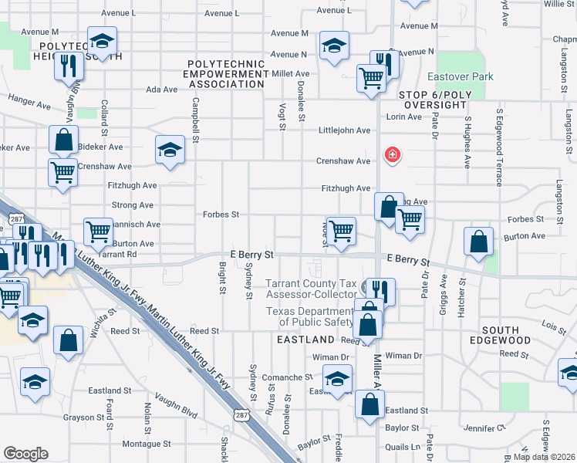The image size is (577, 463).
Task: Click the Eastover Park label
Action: coord(461,77)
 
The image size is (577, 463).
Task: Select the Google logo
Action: coord(25,454)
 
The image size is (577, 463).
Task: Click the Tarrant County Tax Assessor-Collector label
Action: coord(312,289)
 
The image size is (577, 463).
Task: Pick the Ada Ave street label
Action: coord(162,90)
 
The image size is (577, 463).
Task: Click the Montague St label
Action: coord(146,444)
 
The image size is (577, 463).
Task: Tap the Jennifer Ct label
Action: coord(484,427)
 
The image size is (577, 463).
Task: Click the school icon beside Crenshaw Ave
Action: coord(170,150)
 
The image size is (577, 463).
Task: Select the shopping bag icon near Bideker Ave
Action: coord(63,140)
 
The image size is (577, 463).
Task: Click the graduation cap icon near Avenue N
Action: coord(334,46)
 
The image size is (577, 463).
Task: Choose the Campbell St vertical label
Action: coord(196,120)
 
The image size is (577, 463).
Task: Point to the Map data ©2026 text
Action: coord(543,457)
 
